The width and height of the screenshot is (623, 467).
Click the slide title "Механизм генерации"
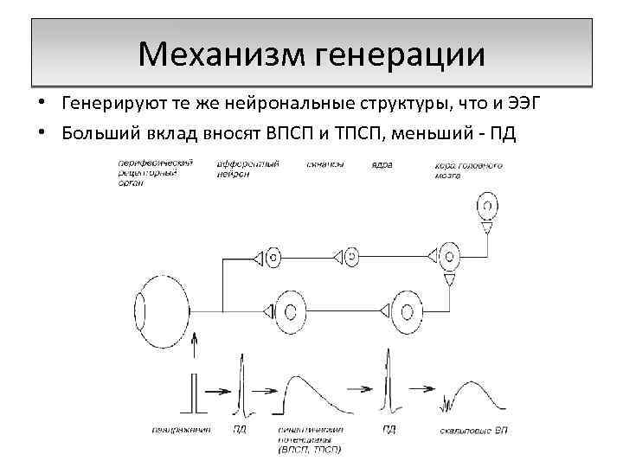311,54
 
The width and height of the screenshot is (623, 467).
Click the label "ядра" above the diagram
381,163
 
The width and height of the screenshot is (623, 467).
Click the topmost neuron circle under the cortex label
488,207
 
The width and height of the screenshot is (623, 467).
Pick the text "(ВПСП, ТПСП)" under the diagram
310,449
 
